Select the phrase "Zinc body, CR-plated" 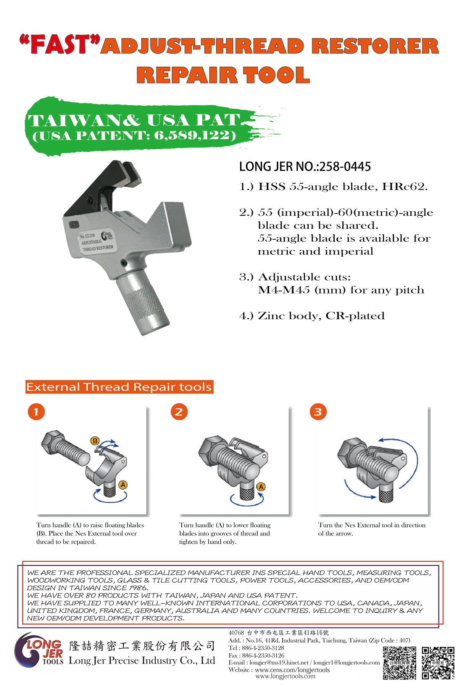pyautogui.click(x=321, y=316)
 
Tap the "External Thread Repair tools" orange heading pyautogui.click(x=119, y=387)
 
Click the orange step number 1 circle pyautogui.click(x=36, y=412)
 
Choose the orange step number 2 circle pyautogui.click(x=179, y=412)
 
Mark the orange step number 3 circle pyautogui.click(x=318, y=412)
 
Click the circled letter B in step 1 pyautogui.click(x=95, y=441)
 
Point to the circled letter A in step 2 pyautogui.click(x=261, y=487)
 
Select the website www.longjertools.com pyautogui.click(x=285, y=676)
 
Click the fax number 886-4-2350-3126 pyautogui.click(x=263, y=656)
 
